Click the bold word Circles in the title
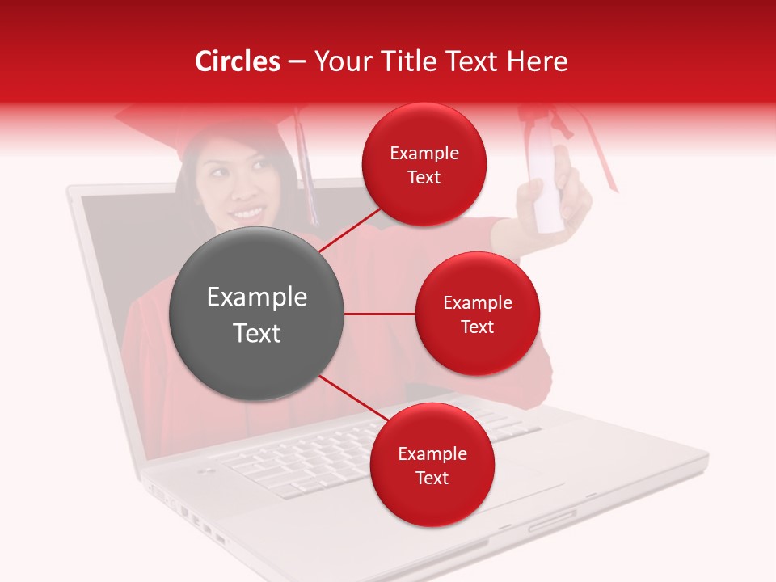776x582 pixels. [x=238, y=61]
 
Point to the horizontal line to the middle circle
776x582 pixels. [x=379, y=314]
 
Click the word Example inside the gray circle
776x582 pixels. [x=256, y=297]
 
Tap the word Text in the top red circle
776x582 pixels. [x=424, y=178]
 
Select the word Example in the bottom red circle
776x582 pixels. [x=432, y=454]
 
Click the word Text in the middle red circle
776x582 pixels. [x=477, y=327]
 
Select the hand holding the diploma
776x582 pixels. [x=558, y=198]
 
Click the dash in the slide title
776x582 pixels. [x=297, y=62]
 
